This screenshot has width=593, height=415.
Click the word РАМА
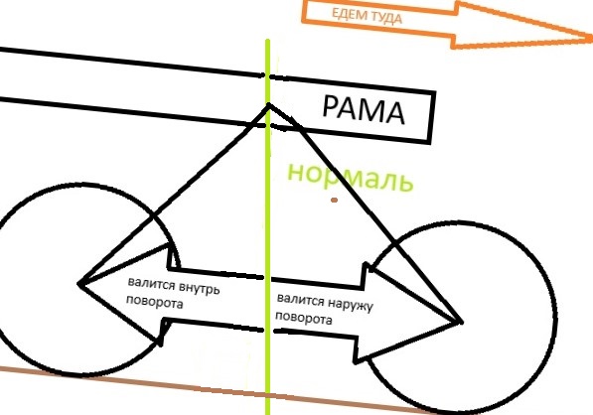tap(364, 109)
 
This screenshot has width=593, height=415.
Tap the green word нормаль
tap(351, 177)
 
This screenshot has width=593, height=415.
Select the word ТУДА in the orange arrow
tap(386, 18)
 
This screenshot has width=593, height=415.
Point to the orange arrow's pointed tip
tap(591, 37)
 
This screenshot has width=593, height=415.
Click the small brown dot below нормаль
tap(334, 200)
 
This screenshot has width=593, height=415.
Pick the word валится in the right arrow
tap(301, 300)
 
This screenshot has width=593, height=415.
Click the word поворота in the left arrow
tap(154, 302)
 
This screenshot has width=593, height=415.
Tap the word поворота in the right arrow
tap(304, 318)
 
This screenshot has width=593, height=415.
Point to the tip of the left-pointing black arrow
tap(78, 284)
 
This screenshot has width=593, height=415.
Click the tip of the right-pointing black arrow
tap(462, 322)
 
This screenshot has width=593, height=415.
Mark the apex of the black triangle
tap(269, 104)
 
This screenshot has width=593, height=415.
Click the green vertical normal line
tap(268, 226)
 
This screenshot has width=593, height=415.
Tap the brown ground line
tap(216, 388)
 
